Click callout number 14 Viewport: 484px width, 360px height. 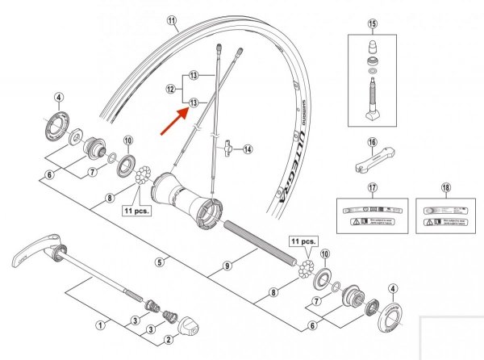point(248,149)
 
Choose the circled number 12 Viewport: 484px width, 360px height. point(170,88)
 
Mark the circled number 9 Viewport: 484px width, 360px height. point(227,264)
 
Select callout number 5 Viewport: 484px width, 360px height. point(161,262)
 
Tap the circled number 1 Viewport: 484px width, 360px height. point(101,325)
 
